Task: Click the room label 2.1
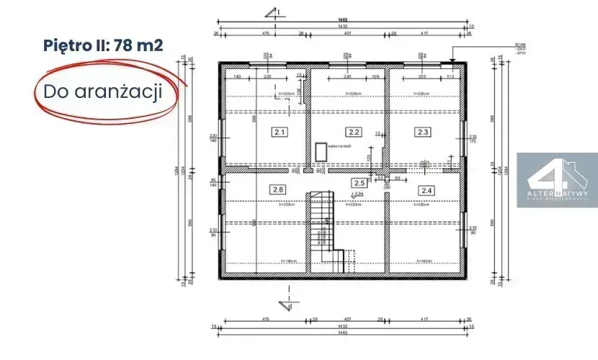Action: pos(280,132)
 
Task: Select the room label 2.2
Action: pos(353,132)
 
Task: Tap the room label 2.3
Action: pos(423,132)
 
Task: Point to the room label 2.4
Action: pos(427,190)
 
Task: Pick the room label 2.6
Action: pos(278,190)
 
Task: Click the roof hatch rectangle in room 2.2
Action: pos(320,152)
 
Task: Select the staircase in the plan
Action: pos(321,230)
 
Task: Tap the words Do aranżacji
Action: pos(102,92)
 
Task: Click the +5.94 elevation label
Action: pos(357,194)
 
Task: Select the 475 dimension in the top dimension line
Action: pos(264,32)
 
